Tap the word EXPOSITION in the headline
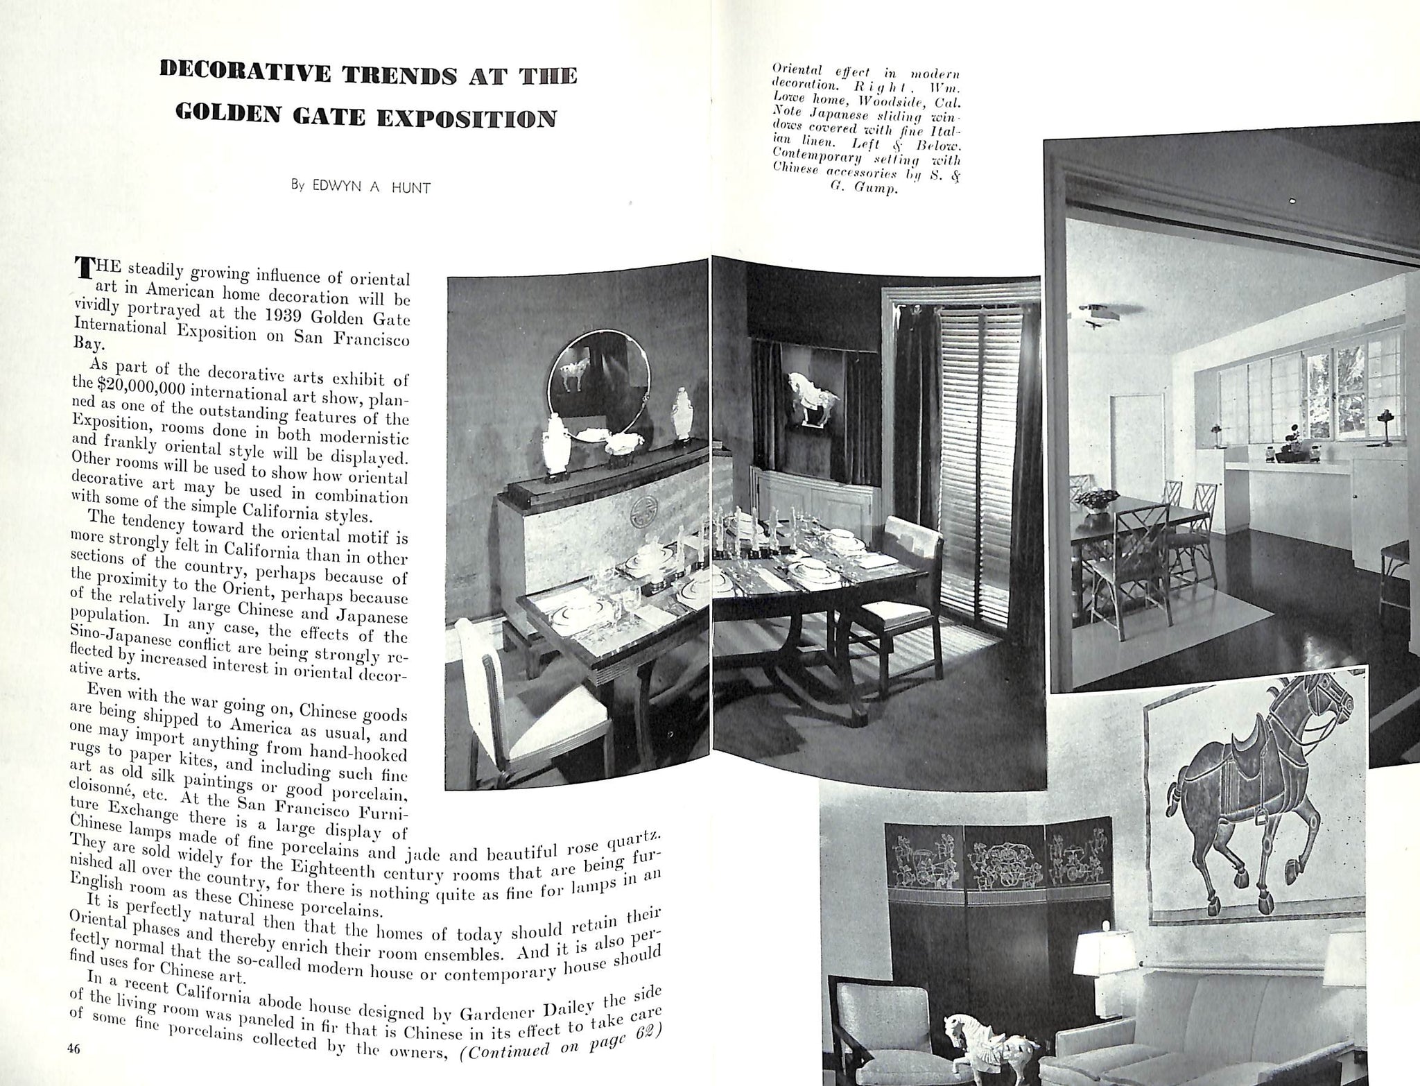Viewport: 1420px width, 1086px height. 467,118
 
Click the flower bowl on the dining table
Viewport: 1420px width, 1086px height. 1100,499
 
